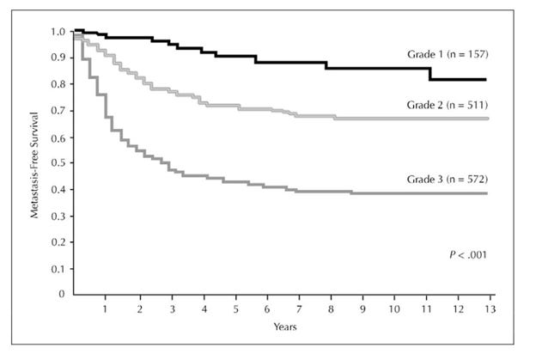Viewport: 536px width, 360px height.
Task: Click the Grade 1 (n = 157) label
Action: [448, 54]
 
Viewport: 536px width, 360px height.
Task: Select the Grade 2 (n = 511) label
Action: [448, 104]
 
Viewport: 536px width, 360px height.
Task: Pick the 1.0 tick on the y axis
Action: [58, 32]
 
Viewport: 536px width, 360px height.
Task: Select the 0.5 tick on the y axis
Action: [58, 163]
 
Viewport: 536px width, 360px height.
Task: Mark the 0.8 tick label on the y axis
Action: [58, 84]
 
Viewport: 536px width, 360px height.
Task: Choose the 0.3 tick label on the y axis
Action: [58, 216]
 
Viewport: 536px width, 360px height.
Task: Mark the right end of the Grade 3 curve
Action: [489, 193]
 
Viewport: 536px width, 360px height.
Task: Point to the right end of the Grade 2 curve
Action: [489, 119]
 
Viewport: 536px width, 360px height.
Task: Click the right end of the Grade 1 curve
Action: [489, 79]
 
